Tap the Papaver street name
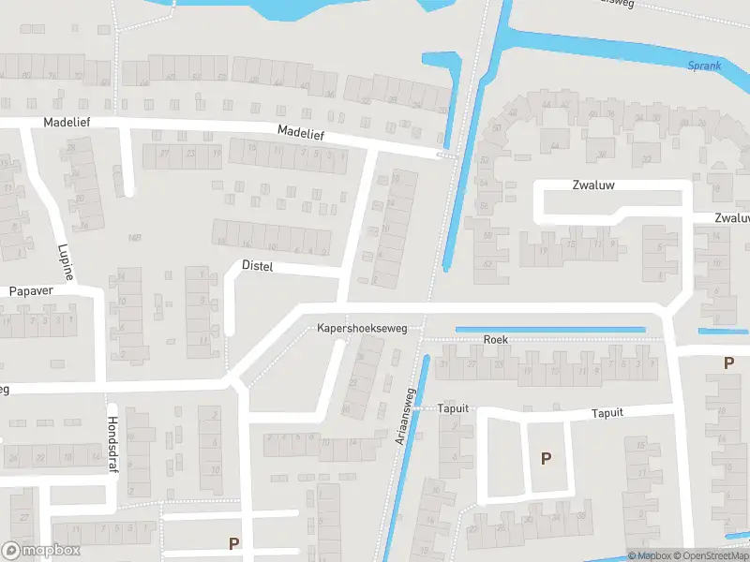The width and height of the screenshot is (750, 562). point(31,290)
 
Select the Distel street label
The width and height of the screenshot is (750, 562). point(257,266)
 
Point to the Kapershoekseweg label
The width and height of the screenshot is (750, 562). point(362,329)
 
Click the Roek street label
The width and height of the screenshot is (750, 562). point(496,339)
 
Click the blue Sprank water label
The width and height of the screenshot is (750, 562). point(704,66)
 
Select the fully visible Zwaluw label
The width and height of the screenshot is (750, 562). point(593,185)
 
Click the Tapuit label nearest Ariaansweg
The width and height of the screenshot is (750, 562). point(453,409)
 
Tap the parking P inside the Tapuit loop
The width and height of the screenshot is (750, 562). point(546,458)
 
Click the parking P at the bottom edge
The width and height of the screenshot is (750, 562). point(234,542)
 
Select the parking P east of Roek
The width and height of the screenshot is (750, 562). point(727,362)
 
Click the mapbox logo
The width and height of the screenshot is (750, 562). point(41,550)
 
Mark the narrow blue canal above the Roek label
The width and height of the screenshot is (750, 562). point(550,330)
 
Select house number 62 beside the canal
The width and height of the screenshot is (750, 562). point(487,265)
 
